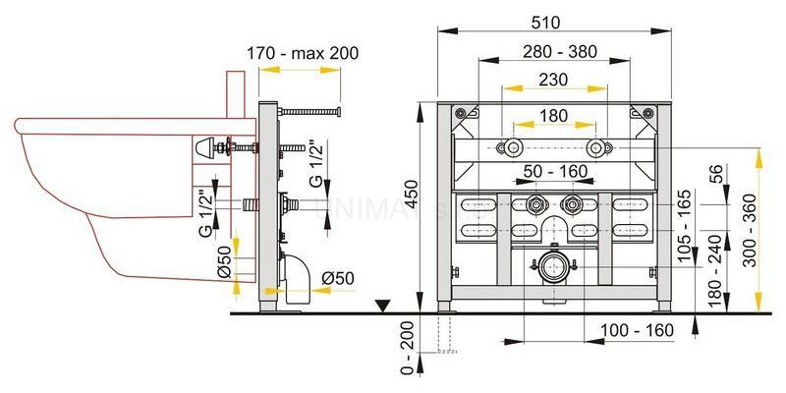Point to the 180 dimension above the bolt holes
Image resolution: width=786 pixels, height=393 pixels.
(x=552, y=115)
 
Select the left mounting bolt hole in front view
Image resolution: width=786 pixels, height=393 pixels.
(x=511, y=149)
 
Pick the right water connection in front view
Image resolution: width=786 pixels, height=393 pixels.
(x=573, y=207)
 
